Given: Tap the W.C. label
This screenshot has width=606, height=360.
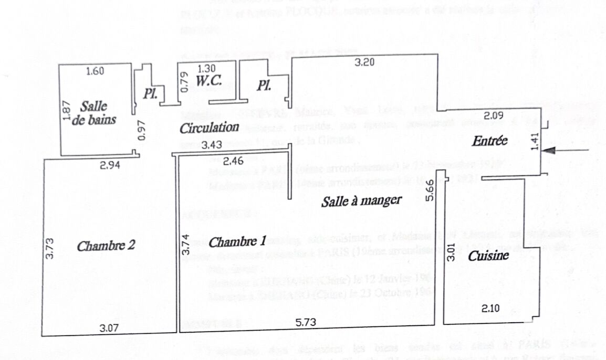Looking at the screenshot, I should (208, 82).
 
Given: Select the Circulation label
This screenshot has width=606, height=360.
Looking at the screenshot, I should (210, 128).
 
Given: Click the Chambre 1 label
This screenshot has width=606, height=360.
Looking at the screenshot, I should (237, 242).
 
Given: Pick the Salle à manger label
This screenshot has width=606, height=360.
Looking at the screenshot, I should (362, 200).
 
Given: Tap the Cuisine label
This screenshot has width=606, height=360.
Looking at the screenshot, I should (488, 256).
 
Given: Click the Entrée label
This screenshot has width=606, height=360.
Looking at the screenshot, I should (489, 141).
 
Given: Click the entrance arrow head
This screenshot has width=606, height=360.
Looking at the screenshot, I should (548, 151).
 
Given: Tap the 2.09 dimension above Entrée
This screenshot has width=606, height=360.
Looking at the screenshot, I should (494, 116).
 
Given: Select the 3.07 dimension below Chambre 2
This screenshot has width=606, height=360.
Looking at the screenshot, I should (111, 329).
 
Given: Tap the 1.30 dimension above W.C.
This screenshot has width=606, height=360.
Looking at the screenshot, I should (206, 68).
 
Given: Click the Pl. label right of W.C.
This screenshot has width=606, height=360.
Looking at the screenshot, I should (264, 86).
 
